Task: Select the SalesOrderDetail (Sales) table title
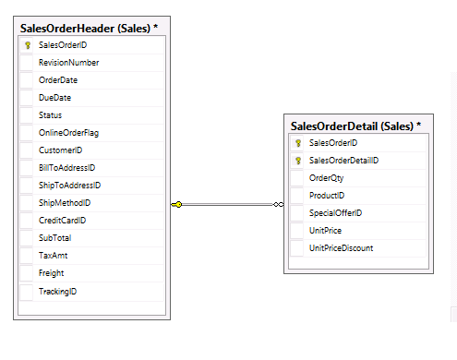pos(355,126)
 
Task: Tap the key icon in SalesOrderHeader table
pos(28,44)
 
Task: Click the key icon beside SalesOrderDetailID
pos(298,161)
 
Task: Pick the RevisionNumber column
pos(69,62)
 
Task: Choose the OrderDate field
pos(58,79)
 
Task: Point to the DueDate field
pos(55,97)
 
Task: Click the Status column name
pos(51,114)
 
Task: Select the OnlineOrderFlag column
pos(69,132)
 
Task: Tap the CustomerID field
pos(61,150)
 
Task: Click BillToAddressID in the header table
pos(67,168)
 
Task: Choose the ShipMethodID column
pos(65,203)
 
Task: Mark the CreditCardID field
pos(63,221)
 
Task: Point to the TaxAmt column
pos(53,256)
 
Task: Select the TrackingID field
pos(58,291)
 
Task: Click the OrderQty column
pos(326,178)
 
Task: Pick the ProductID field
pos(327,196)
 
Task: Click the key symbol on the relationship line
pos(177,204)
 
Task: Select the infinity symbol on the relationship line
pos(278,204)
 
